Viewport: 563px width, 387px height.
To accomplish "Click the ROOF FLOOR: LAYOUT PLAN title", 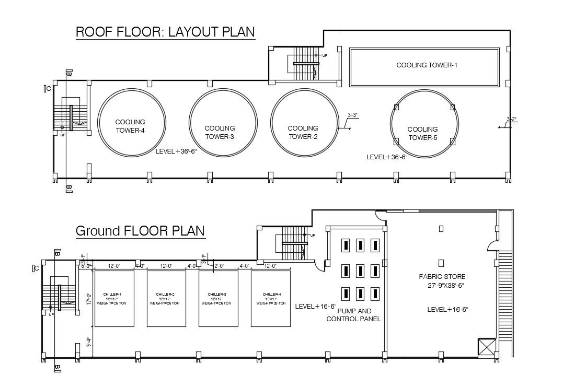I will pyautogui.click(x=165, y=31).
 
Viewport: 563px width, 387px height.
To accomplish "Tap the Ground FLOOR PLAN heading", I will pyautogui.click(x=140, y=231).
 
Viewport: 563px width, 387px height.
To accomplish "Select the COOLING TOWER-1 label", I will pyautogui.click(x=427, y=65).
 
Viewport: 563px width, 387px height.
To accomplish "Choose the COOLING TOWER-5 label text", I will pyautogui.click(x=422, y=134).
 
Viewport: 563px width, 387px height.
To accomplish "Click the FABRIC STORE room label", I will pyautogui.click(x=442, y=276).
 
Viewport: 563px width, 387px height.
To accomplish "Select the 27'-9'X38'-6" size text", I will pyautogui.click(x=446, y=286).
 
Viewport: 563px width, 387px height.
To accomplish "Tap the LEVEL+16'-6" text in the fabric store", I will pyautogui.click(x=447, y=310).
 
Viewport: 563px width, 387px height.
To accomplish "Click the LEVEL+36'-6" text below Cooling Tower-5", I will pyautogui.click(x=387, y=157).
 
